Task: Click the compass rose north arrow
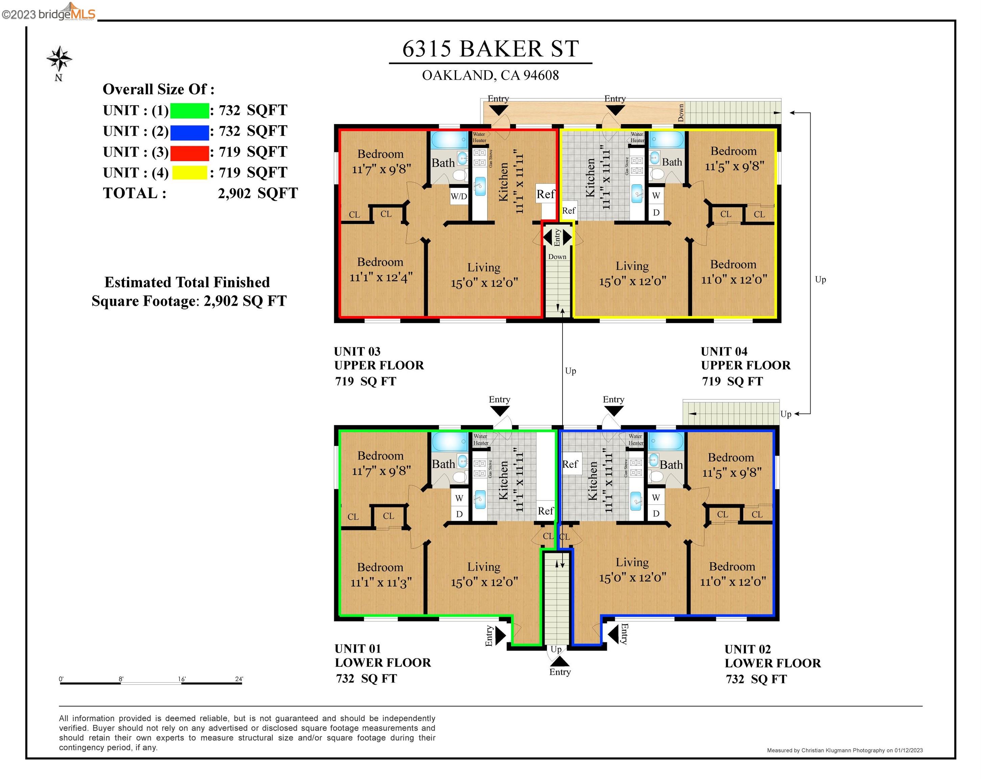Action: (59, 59)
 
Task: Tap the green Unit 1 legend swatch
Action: (189, 111)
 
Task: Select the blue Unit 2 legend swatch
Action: (189, 132)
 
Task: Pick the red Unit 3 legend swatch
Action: (189, 152)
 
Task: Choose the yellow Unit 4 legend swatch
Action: (189, 173)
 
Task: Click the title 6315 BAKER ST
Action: (490, 49)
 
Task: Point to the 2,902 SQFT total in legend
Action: (258, 193)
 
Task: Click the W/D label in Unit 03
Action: (459, 196)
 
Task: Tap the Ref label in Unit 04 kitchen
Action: (569, 211)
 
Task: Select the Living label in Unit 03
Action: (484, 267)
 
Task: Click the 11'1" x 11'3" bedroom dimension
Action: (381, 583)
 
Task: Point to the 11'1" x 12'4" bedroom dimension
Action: (381, 277)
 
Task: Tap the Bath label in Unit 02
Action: (671, 465)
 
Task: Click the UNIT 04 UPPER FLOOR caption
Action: (745, 358)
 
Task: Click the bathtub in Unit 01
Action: (450, 441)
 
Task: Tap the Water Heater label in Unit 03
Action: (479, 137)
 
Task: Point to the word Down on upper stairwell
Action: (557, 257)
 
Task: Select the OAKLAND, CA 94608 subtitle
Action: (490, 75)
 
